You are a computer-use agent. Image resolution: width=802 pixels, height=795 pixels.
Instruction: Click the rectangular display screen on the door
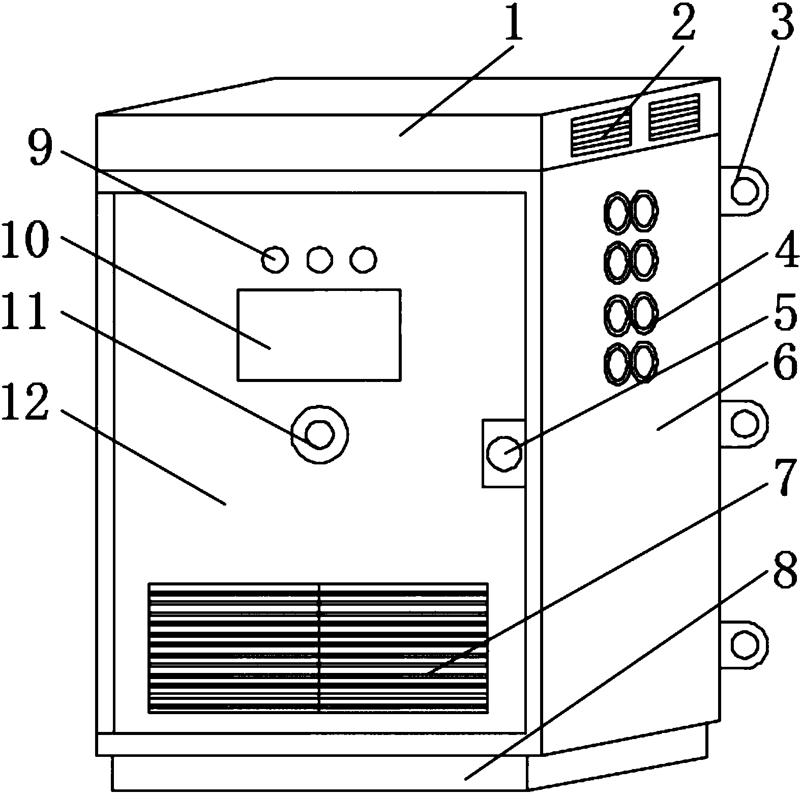(x=319, y=334)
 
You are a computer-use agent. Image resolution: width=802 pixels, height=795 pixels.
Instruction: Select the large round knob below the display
(x=319, y=434)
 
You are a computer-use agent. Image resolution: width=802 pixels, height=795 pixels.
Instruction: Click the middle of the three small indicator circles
(x=320, y=259)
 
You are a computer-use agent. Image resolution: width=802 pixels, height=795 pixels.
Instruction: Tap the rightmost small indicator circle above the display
(x=363, y=259)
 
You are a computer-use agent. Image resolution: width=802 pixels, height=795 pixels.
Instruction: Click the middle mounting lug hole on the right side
(x=745, y=423)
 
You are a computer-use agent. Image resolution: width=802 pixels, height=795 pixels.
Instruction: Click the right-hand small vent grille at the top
(x=674, y=117)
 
